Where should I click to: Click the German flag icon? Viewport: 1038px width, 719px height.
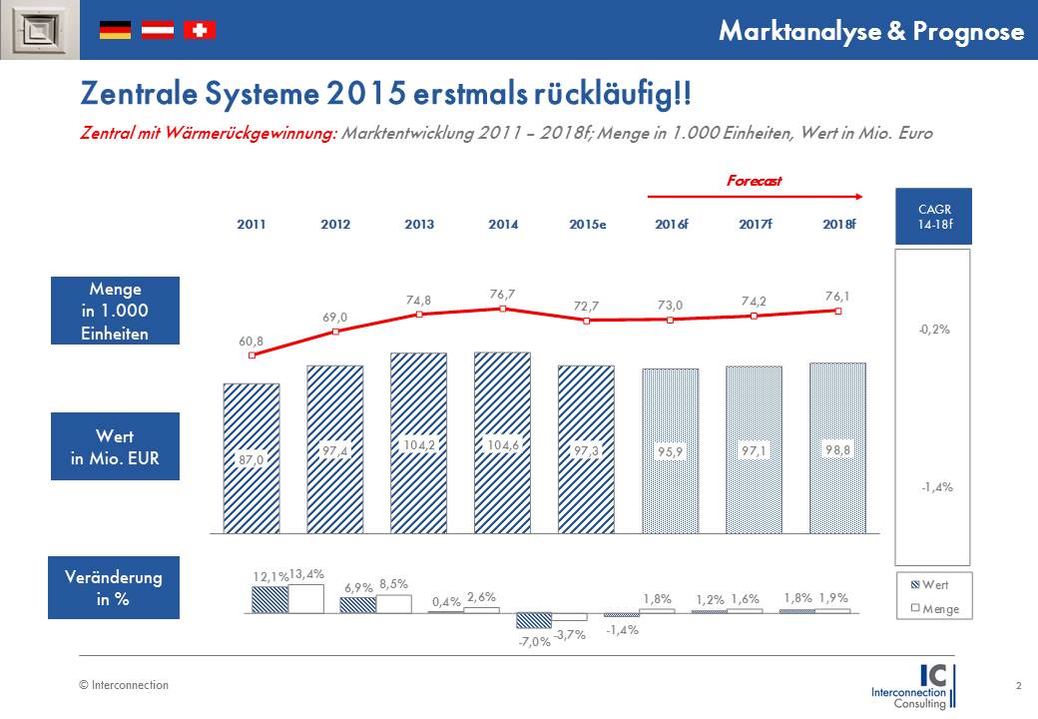tap(115, 30)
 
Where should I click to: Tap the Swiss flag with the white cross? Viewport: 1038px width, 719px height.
tap(200, 30)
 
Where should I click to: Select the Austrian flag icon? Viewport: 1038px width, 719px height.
tap(158, 30)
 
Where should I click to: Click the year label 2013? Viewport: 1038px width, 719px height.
tap(419, 225)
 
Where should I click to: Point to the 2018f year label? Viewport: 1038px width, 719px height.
tap(838, 225)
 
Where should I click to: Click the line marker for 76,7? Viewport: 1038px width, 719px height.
tap(503, 309)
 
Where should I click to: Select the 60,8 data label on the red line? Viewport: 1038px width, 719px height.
tap(252, 342)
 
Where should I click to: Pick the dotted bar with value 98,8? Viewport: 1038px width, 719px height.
tap(838, 449)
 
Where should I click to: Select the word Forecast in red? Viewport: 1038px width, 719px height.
tap(754, 181)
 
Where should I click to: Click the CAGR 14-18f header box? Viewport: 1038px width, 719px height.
tap(933, 216)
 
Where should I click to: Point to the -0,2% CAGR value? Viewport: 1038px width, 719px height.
tap(933, 329)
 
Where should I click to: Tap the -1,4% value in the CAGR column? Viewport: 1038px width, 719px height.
tap(933, 487)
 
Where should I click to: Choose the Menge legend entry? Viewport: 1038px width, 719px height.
tap(933, 608)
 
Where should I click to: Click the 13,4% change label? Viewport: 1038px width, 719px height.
tap(306, 575)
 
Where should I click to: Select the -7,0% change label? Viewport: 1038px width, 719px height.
tap(533, 641)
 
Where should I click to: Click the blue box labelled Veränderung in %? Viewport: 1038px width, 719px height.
tap(114, 588)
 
